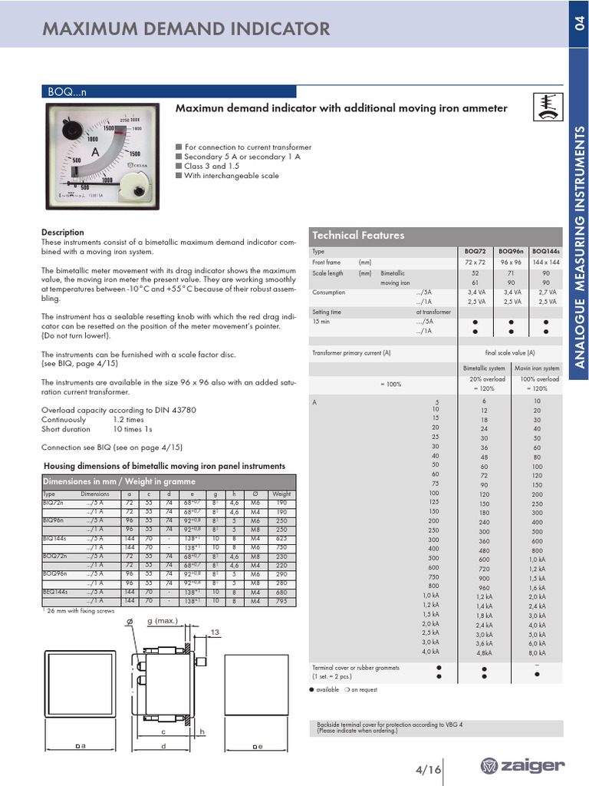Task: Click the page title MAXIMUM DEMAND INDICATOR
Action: (186, 29)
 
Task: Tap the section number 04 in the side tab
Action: (579, 24)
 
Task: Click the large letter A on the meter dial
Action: (95, 154)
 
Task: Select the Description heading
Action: (63, 232)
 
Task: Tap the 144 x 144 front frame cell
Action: (545, 263)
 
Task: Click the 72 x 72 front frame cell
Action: (476, 263)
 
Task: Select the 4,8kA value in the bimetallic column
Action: (484, 653)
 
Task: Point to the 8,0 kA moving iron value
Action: (537, 653)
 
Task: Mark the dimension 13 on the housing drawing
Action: (215, 632)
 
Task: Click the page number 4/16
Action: (423, 770)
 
